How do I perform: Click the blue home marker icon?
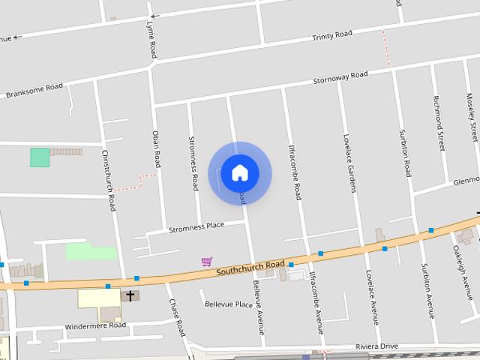click(x=239, y=173)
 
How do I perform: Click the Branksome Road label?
click(x=34, y=91)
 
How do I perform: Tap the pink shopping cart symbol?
click(x=206, y=261)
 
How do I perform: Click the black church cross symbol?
click(x=130, y=295)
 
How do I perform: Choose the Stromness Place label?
click(x=196, y=226)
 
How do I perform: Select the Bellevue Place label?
click(x=229, y=304)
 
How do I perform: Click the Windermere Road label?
click(x=95, y=326)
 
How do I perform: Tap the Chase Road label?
click(x=176, y=317)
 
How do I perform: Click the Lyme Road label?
click(x=152, y=40)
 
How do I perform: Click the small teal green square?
click(x=39, y=157)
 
